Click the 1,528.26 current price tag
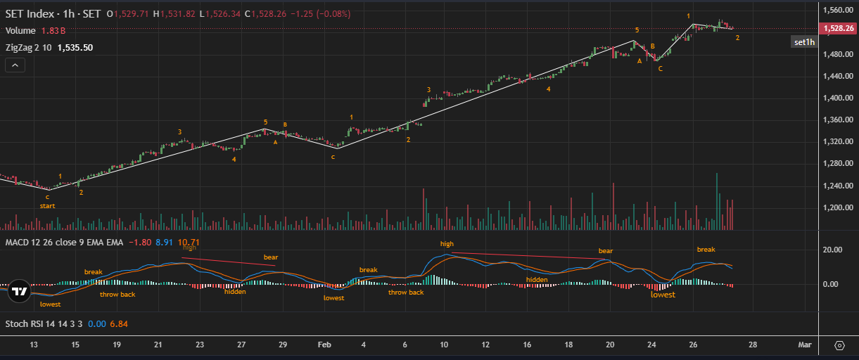coord(838,29)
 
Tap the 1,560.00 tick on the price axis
coord(839,11)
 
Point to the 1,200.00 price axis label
coord(839,208)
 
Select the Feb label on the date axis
coord(324,345)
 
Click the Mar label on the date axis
coord(805,345)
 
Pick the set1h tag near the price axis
coord(804,42)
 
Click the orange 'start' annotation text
coord(47,206)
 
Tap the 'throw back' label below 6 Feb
coord(406,292)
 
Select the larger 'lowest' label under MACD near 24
coord(663,295)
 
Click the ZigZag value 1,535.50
coord(75,48)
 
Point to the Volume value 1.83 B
coord(53,31)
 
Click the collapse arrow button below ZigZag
coord(15,65)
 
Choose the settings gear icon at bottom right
coord(839,345)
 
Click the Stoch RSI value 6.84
coord(118,324)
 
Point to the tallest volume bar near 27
coord(717,201)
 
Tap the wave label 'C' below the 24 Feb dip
coord(660,69)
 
